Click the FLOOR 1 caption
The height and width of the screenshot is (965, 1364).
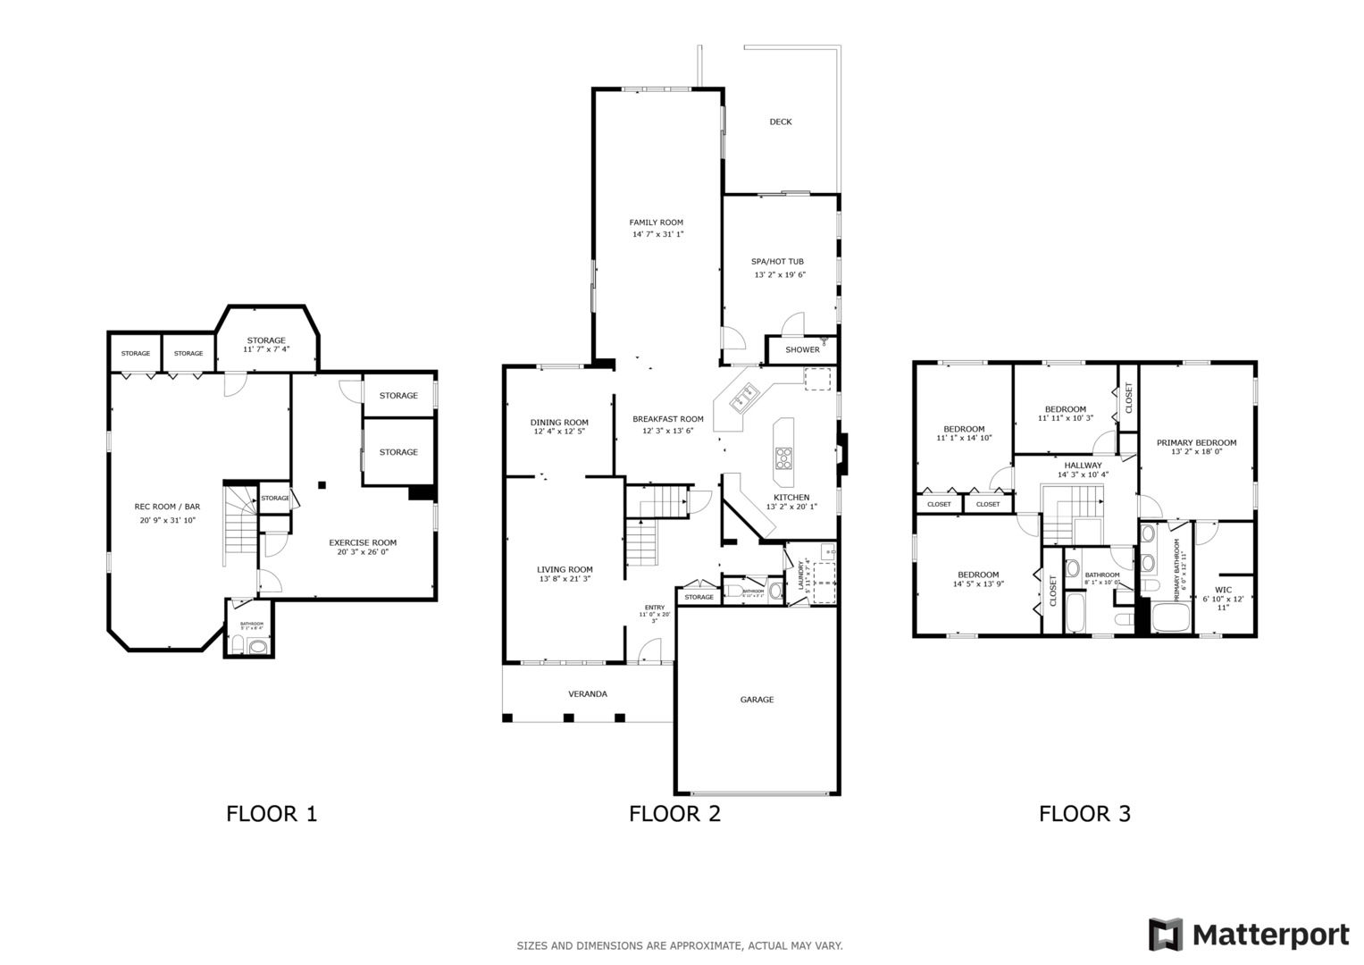[x=272, y=814]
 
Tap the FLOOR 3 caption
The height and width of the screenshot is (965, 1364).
[x=1084, y=814]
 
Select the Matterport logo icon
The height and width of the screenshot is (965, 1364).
[x=1166, y=935]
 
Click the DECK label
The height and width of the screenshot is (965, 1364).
[x=781, y=122]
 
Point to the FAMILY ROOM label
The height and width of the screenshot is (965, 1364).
[x=656, y=222]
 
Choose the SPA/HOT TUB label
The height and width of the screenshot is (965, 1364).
[x=777, y=262]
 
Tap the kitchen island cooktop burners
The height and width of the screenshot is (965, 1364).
[x=783, y=458]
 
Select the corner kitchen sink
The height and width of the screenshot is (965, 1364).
[x=742, y=400]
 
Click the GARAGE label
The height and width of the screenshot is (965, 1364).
[x=757, y=700]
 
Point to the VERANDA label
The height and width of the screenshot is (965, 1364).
[x=588, y=694]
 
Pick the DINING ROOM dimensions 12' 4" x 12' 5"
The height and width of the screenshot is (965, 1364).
[x=559, y=432]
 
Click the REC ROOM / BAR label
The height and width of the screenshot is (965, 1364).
[x=167, y=507]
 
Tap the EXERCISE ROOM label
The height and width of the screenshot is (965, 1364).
[x=363, y=542]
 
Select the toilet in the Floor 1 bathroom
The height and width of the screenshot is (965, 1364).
[x=257, y=646]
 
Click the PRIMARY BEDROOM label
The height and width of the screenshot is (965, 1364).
[x=1196, y=442]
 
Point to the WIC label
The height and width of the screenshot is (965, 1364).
[x=1223, y=590]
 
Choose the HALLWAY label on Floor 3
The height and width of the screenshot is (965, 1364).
[x=1083, y=465]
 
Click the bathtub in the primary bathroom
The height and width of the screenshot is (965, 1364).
[x=1171, y=618]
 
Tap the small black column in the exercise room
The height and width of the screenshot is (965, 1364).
[x=322, y=485]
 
